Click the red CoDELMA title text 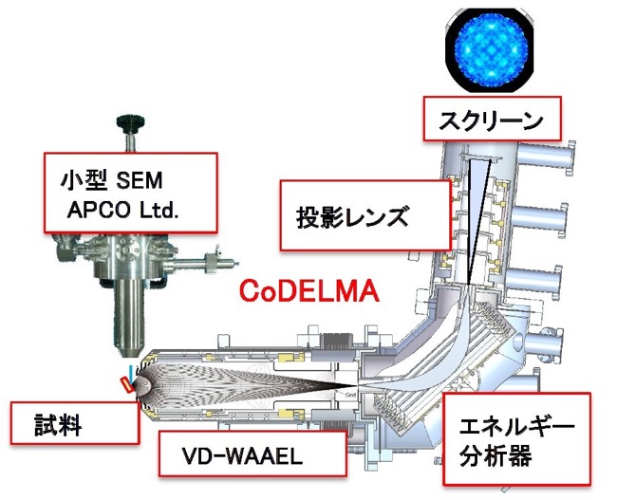click(x=309, y=291)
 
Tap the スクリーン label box click(x=492, y=119)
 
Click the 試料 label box click(x=75, y=423)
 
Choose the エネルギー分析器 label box click(x=516, y=438)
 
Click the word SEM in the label click(x=140, y=181)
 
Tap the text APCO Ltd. click(x=122, y=211)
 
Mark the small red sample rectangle click(x=127, y=384)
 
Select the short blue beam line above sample click(x=131, y=371)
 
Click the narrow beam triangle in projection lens click(x=477, y=220)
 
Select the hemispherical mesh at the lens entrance click(x=143, y=385)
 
